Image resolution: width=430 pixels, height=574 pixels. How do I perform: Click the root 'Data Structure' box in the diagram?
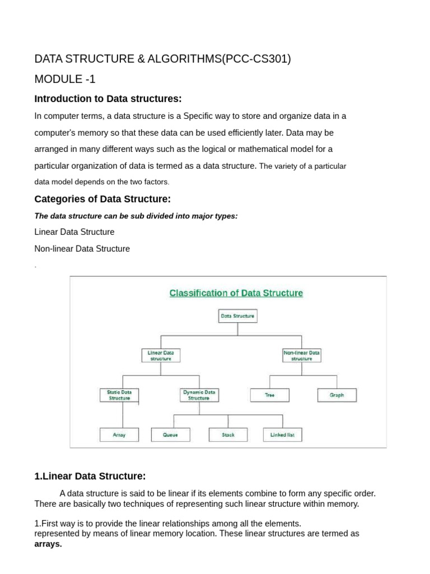coord(237,316)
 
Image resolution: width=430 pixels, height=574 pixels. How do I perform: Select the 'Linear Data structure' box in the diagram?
coord(161,355)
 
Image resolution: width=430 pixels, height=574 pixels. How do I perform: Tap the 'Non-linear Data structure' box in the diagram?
coord(302,355)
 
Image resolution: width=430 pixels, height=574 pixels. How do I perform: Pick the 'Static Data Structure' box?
coord(119,395)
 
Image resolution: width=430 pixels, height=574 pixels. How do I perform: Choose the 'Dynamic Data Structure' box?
coord(199,395)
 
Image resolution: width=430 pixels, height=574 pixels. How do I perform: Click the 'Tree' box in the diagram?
coord(270,395)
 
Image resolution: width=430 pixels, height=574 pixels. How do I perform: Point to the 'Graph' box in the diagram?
coord(336,395)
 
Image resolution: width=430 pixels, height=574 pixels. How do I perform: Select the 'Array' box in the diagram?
coord(119,435)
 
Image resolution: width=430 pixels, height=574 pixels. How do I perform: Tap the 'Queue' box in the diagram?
coord(170,435)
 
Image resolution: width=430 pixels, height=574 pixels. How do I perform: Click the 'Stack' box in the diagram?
coord(228,435)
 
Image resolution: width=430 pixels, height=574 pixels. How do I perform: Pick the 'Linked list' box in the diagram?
coord(282,435)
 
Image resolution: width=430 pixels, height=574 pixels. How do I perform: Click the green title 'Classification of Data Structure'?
coord(236,293)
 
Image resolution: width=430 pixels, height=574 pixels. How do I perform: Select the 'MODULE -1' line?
coord(65,79)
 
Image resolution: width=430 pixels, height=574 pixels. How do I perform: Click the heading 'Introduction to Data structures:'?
coord(108,99)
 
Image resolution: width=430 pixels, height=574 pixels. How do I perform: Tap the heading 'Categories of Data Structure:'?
coord(102,199)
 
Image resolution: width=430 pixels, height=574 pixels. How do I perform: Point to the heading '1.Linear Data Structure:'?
coord(90,476)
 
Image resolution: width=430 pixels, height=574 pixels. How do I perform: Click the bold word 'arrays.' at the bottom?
coord(48,544)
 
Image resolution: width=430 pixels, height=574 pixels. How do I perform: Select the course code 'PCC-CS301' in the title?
coord(256,59)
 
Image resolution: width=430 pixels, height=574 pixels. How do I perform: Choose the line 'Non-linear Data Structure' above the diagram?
coord(82,248)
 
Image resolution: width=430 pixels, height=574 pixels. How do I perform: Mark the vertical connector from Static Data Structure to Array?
coord(122,415)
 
